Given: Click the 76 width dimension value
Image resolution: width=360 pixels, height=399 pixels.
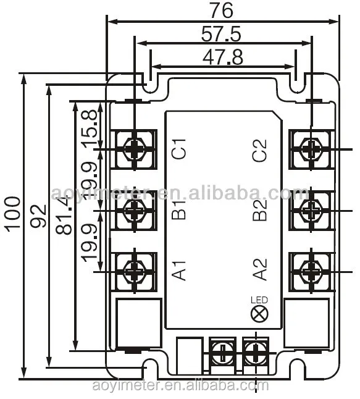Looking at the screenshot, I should click(x=223, y=11).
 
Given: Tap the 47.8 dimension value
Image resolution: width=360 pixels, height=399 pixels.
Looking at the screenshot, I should click(x=222, y=57).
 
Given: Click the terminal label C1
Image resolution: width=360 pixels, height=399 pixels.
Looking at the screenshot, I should click(x=179, y=150).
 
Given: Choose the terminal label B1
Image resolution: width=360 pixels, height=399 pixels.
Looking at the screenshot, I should click(x=179, y=209).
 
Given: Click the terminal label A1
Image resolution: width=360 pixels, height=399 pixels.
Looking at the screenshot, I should click(x=179, y=270).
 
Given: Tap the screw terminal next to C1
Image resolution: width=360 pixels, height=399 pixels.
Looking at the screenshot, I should click(x=134, y=149).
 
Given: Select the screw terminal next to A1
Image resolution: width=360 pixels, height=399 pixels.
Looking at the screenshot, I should click(x=134, y=270).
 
